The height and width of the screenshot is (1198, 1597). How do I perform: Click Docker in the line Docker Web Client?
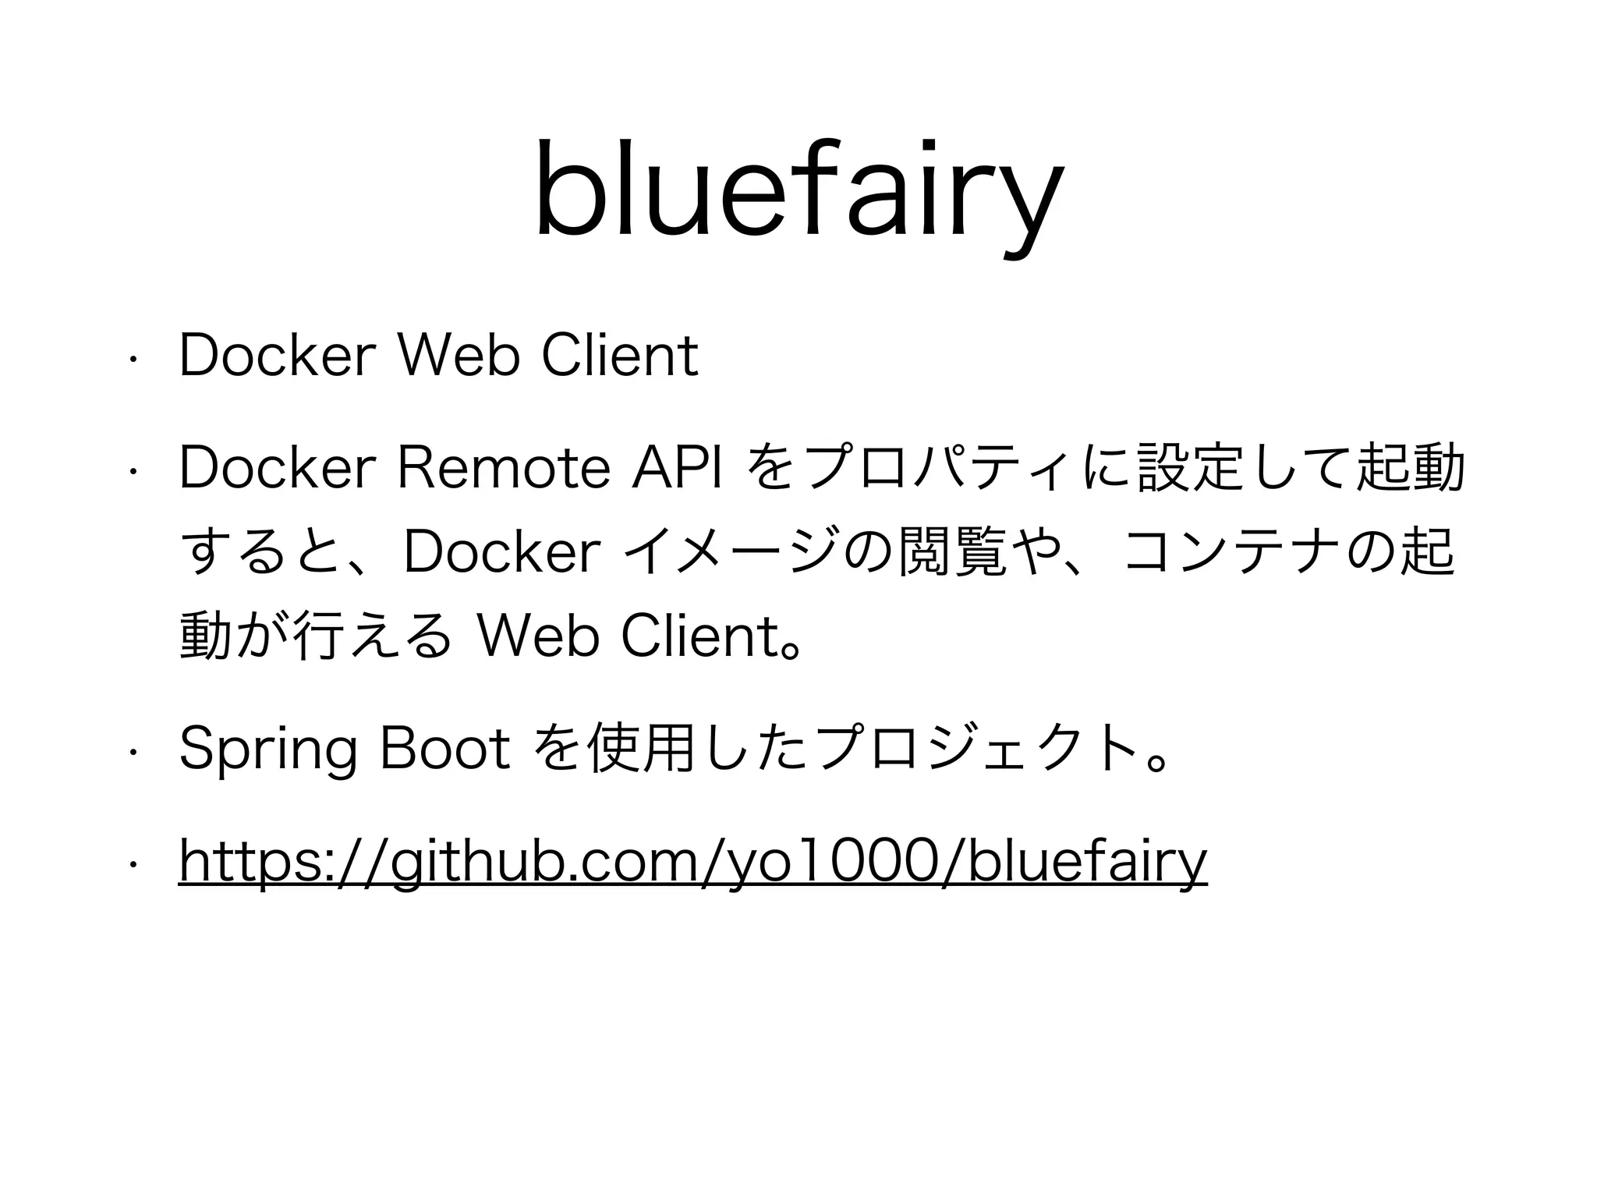click(274, 356)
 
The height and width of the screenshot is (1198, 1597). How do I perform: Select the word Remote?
click(504, 468)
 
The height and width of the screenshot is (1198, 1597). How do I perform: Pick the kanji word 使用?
click(643, 750)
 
